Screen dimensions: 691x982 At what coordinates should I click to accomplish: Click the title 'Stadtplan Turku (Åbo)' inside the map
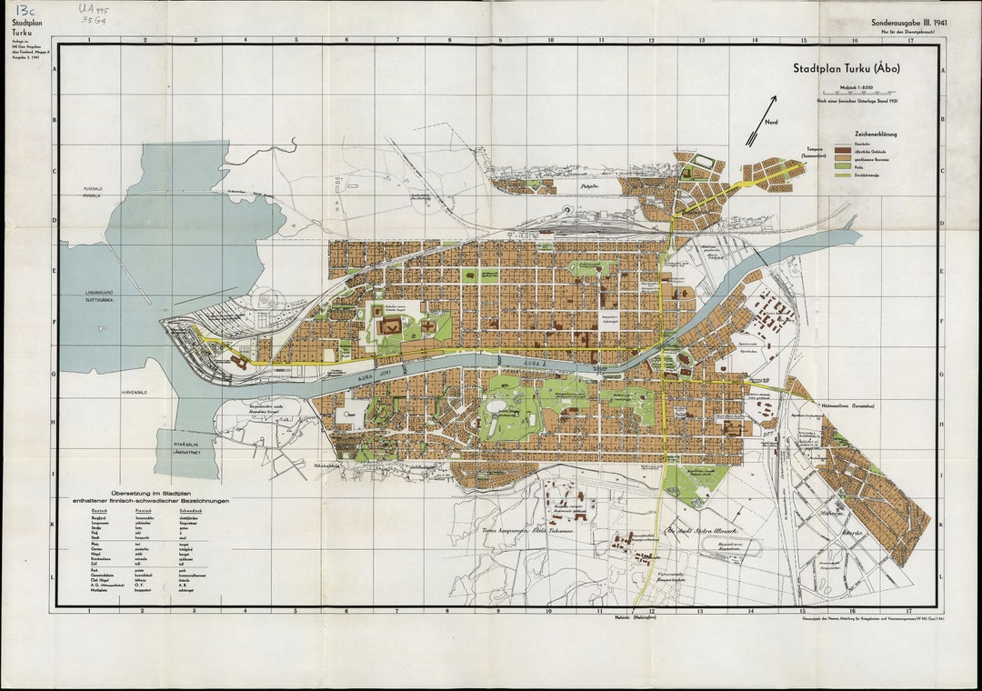click(x=847, y=68)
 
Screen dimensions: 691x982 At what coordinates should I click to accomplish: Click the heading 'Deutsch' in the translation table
click(x=99, y=510)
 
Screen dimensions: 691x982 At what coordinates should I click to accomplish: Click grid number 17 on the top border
click(x=908, y=40)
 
